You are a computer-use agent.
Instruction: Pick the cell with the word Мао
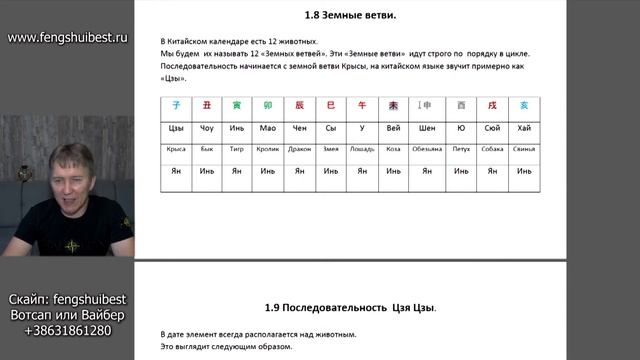point(268,127)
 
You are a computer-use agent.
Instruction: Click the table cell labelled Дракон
point(300,149)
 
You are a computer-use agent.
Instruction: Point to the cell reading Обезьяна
point(427,149)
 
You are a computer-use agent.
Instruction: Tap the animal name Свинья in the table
point(524,149)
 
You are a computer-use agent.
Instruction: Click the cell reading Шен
point(428,127)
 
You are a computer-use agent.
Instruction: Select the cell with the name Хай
point(524,127)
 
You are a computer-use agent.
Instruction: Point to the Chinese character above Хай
point(524,105)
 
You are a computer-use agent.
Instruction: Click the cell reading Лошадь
point(363,149)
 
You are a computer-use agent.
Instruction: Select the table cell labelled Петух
point(460,149)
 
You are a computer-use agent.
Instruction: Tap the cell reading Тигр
point(237,149)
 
